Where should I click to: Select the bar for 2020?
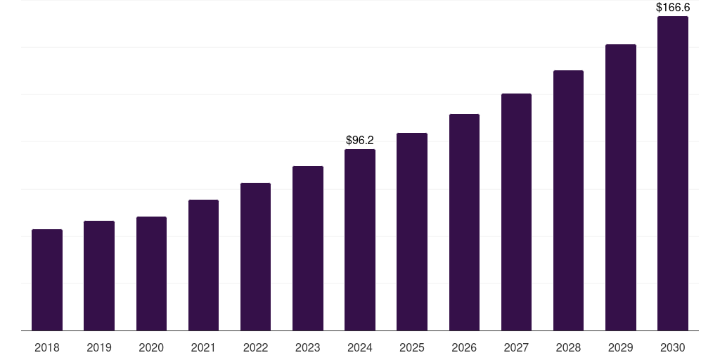(x=151, y=274)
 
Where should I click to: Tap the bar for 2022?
(x=255, y=257)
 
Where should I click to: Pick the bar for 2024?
(x=360, y=240)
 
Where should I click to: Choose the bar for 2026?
(x=464, y=222)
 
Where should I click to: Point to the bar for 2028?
(x=568, y=200)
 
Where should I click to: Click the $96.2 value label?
(x=360, y=141)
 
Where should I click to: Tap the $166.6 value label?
(x=673, y=8)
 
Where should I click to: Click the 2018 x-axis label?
(x=47, y=348)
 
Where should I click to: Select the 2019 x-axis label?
(x=99, y=348)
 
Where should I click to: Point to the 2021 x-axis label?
(x=203, y=348)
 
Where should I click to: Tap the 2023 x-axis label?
(x=308, y=348)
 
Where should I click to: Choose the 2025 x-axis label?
(x=412, y=348)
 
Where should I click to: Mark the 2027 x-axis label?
(x=516, y=348)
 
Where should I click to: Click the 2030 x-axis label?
(x=673, y=348)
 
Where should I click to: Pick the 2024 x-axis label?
(x=360, y=348)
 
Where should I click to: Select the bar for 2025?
(x=412, y=232)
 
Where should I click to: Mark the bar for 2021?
(x=203, y=265)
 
